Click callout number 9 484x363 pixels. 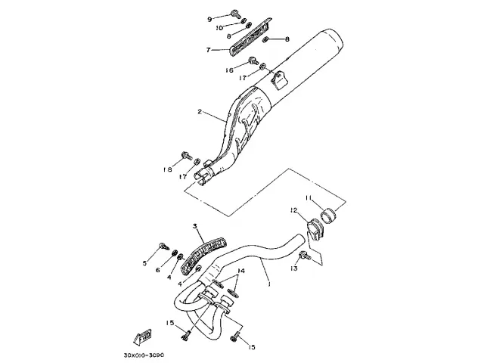(210, 16)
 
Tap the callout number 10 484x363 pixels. (219, 27)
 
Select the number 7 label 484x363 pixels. (208, 51)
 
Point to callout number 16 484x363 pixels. (229, 70)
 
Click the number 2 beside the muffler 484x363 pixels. (200, 112)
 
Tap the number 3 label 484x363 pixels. (194, 226)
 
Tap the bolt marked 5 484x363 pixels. (163, 246)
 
